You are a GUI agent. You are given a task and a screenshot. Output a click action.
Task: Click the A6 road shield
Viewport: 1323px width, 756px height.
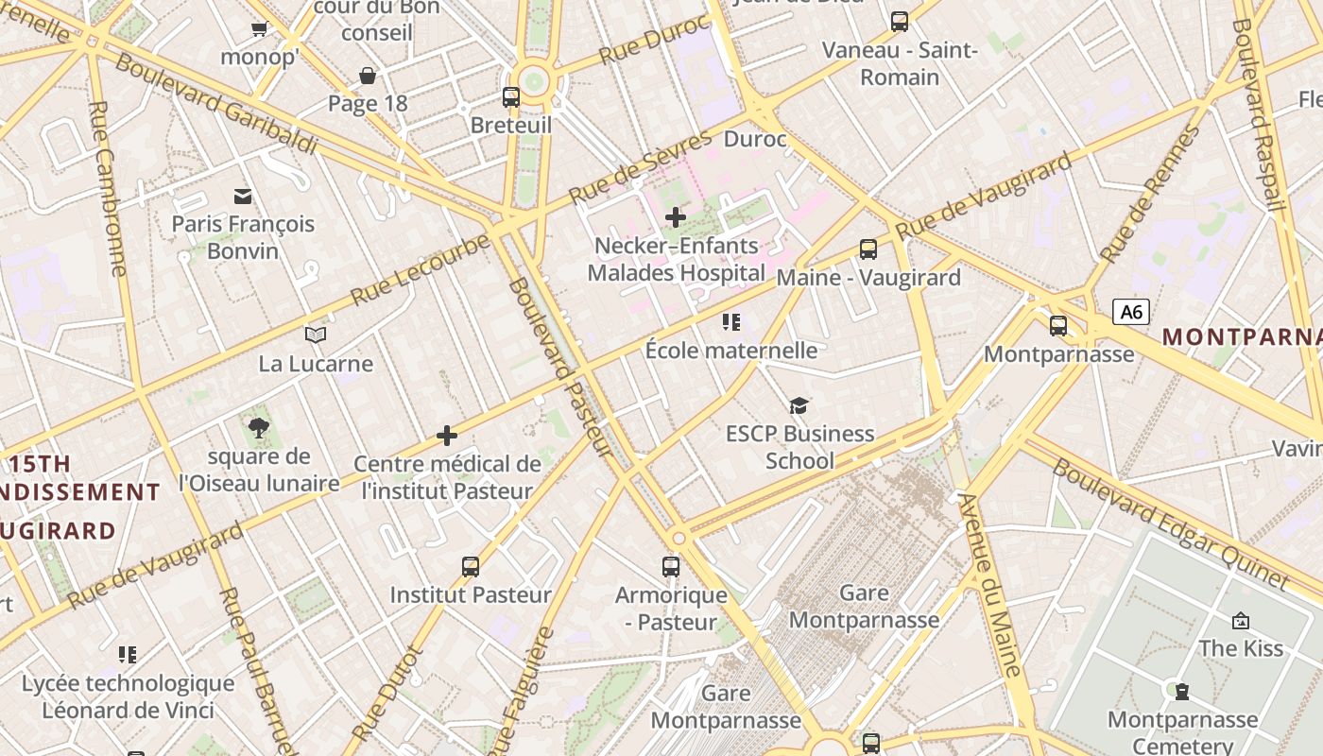(x=1130, y=312)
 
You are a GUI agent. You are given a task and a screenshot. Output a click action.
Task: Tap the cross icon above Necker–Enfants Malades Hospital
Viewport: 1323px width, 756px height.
(x=675, y=217)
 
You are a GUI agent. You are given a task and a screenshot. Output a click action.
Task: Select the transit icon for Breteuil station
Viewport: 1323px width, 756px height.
(x=510, y=96)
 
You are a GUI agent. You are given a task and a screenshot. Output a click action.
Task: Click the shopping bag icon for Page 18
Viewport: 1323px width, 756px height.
(x=368, y=76)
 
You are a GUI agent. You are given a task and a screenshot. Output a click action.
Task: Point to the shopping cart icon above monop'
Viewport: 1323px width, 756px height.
(x=259, y=28)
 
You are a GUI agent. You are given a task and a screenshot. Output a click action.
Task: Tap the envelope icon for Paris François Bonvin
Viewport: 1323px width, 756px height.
(x=243, y=196)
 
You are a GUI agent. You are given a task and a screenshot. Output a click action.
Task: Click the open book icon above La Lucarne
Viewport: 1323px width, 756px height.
(x=316, y=335)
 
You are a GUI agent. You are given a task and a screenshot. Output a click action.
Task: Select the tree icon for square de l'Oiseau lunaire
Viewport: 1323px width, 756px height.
(x=258, y=428)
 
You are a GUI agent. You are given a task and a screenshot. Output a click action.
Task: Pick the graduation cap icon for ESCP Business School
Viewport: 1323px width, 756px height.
(x=799, y=405)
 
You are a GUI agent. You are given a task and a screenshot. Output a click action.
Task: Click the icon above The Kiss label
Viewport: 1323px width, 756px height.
(x=1240, y=620)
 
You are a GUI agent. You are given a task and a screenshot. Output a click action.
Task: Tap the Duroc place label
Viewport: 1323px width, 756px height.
(x=755, y=140)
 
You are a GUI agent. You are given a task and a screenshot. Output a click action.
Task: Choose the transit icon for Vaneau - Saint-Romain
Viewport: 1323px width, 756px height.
(x=899, y=21)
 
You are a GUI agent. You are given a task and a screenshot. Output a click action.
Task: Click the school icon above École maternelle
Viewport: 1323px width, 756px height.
(x=730, y=322)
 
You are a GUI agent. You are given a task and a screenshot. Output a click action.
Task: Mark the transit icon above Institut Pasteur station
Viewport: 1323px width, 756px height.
(x=471, y=567)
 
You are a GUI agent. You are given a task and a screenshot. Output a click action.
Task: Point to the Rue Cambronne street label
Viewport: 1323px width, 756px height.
(x=107, y=189)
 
